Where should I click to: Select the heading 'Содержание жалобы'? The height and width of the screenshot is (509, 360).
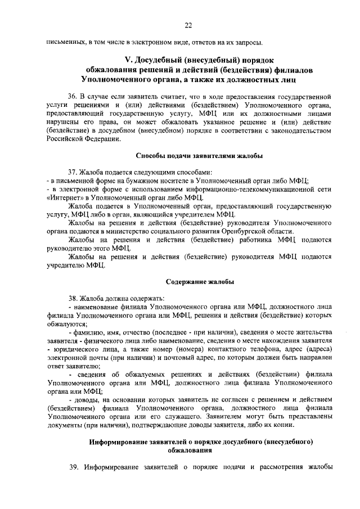coord(200,281)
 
